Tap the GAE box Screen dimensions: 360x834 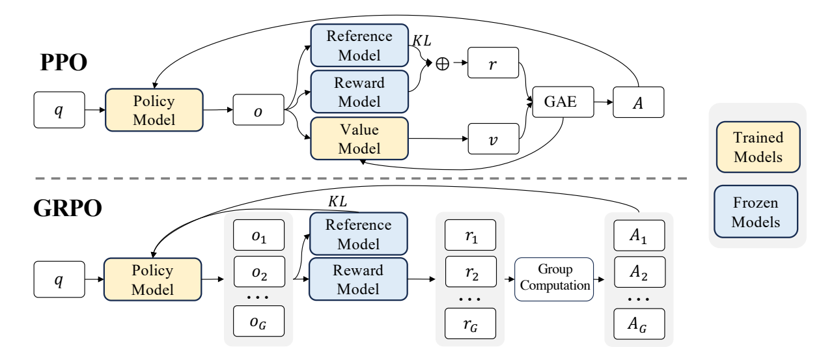click(x=555, y=102)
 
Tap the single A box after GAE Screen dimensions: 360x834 click(x=639, y=102)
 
